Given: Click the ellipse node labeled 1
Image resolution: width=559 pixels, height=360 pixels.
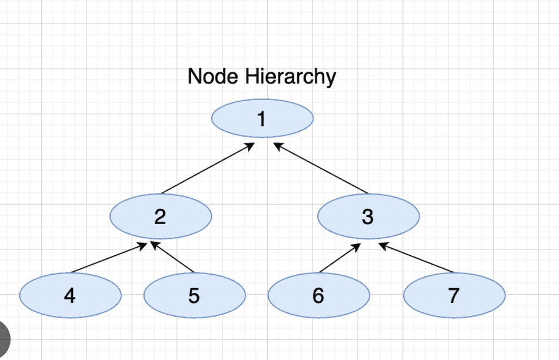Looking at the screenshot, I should click(262, 119).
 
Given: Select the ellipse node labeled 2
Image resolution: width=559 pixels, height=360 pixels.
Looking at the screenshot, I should click(161, 216).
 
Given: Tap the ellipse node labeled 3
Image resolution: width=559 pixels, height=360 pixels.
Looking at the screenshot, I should click(368, 216).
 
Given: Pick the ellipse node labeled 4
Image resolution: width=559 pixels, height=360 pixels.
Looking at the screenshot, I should click(70, 295).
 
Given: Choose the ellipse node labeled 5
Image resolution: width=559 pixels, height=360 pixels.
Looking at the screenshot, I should click(194, 295).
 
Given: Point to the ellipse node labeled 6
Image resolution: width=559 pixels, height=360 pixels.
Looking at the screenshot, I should click(318, 295).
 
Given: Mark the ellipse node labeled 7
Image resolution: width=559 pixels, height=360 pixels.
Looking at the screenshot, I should click(454, 295).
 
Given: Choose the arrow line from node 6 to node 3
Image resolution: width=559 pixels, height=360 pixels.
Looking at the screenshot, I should click(340, 258).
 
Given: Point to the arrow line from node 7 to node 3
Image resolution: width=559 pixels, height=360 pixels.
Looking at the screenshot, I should click(417, 258).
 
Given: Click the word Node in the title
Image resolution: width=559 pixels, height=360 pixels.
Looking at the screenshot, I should click(206, 76).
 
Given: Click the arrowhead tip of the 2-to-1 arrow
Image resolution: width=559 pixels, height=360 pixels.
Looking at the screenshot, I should click(255, 143).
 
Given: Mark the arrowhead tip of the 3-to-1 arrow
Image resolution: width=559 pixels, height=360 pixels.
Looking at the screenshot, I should click(274, 142).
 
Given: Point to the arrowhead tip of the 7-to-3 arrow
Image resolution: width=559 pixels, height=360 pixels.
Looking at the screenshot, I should click(379, 243).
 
